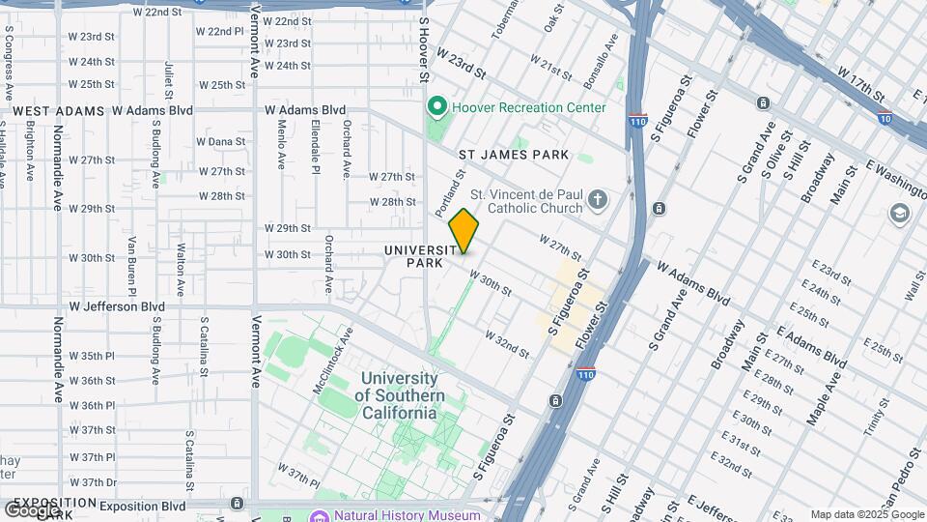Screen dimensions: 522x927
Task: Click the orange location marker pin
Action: [x=464, y=231]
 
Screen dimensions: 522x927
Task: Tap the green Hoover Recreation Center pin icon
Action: [x=436, y=107]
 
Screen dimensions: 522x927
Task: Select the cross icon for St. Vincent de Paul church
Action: [x=598, y=201]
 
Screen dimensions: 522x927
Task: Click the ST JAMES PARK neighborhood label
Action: [x=513, y=155]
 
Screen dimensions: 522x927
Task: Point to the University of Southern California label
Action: [x=400, y=395]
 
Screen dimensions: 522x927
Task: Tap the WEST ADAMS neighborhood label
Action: [x=58, y=111]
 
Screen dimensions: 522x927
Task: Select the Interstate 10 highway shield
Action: [x=885, y=118]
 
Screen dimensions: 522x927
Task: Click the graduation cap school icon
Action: [x=900, y=213]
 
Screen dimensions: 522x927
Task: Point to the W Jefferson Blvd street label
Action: [x=117, y=306]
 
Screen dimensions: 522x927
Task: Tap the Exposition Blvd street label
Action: [x=142, y=506]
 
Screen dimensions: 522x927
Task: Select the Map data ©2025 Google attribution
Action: [x=866, y=514]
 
